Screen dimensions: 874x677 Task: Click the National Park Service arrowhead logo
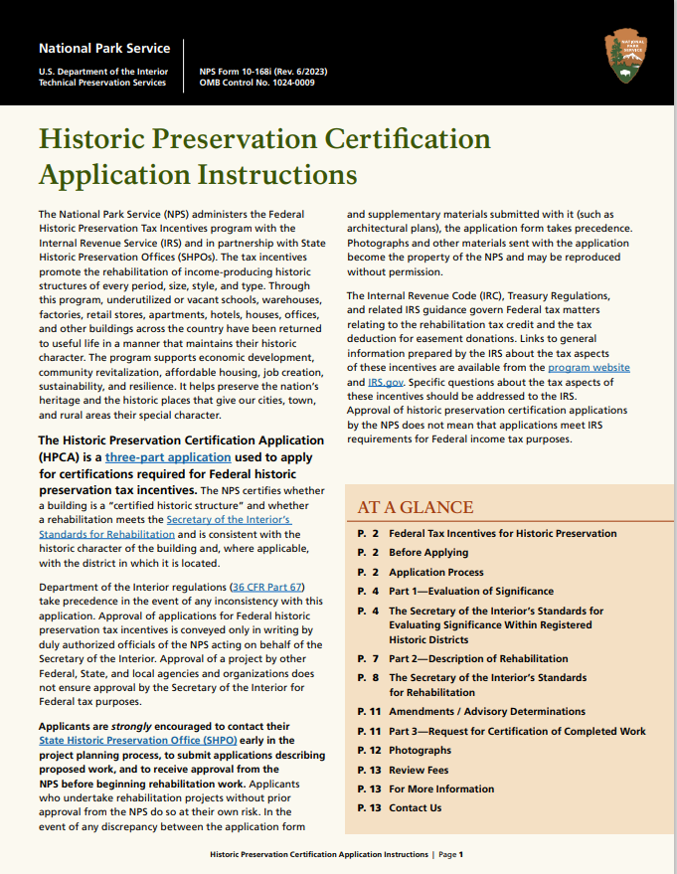pyautogui.click(x=625, y=56)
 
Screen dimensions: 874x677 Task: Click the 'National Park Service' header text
pyautogui.click(x=103, y=48)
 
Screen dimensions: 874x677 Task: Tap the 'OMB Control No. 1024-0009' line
pyautogui.click(x=256, y=84)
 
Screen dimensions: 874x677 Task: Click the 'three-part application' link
pyautogui.click(x=168, y=457)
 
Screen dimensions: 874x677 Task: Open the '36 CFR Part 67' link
pyautogui.click(x=265, y=587)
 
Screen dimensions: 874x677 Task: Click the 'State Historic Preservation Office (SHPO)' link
pyautogui.click(x=123, y=740)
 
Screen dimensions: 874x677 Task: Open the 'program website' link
pyautogui.click(x=589, y=368)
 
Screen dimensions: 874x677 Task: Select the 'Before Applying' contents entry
pyautogui.click(x=427, y=553)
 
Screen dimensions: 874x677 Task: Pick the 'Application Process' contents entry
pyautogui.click(x=435, y=573)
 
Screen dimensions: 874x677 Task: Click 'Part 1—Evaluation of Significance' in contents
pyautogui.click(x=471, y=592)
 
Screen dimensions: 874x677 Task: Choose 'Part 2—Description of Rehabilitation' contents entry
pyautogui.click(x=478, y=658)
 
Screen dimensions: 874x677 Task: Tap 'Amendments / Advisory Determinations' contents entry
pyautogui.click(x=486, y=712)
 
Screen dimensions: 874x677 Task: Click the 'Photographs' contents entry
pyautogui.click(x=420, y=751)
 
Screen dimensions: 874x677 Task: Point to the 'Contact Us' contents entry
pyautogui.click(x=415, y=808)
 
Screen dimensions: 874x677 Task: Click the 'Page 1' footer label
pyautogui.click(x=450, y=854)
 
